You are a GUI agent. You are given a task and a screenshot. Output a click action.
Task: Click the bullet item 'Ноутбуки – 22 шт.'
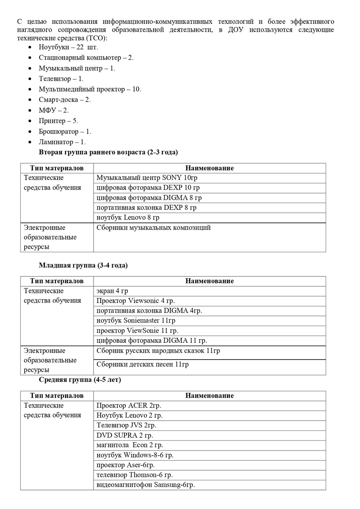click(x=68, y=47)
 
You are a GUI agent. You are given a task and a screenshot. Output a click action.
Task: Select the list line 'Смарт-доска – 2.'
click(x=64, y=99)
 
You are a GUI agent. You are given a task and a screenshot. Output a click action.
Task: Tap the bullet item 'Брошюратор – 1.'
click(x=65, y=132)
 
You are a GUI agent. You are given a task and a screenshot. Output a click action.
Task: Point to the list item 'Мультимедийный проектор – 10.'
click(x=90, y=89)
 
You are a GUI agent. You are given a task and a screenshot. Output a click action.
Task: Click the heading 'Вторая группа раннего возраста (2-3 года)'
click(x=108, y=152)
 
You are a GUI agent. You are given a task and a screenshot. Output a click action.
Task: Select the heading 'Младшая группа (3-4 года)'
click(x=83, y=265)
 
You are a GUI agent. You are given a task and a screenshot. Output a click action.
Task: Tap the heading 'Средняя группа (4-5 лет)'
click(x=80, y=380)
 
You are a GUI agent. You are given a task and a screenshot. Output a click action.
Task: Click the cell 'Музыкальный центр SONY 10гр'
click(x=147, y=178)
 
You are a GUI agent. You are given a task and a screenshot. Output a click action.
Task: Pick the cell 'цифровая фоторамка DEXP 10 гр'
click(x=148, y=188)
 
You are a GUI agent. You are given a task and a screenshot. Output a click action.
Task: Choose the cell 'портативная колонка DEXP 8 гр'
click(x=146, y=208)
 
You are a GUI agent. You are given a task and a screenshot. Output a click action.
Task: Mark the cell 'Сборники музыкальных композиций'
click(x=154, y=227)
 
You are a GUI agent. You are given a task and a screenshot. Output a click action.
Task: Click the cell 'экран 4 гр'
click(x=112, y=291)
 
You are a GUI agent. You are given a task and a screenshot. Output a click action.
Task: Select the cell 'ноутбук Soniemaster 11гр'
click(x=136, y=320)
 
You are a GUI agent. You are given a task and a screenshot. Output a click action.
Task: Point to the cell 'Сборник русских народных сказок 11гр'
click(x=158, y=351)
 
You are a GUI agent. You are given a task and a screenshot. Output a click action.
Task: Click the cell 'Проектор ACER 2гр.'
click(x=129, y=405)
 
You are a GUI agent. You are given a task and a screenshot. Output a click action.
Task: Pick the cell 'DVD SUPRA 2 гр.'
click(x=125, y=435)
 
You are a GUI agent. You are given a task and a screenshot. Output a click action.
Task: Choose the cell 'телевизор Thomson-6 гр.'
click(x=135, y=475)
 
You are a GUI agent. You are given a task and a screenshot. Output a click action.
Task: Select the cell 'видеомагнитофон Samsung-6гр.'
click(x=146, y=485)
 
